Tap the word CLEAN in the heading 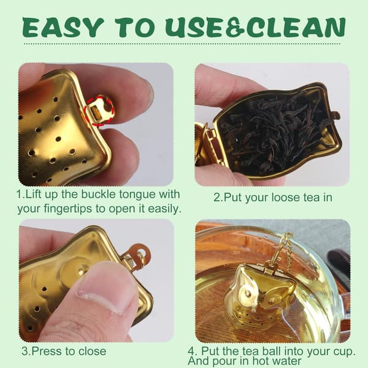296,28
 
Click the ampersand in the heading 236,28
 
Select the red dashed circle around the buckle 99,110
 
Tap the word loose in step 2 286,197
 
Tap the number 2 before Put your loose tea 217,197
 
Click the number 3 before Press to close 25,351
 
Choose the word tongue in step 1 137,195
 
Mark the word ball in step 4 271,351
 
